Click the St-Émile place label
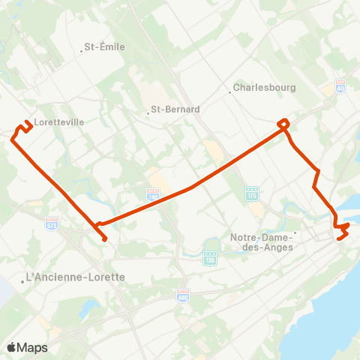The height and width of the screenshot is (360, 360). pos(104,46)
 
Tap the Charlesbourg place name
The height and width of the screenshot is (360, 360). pos(265,88)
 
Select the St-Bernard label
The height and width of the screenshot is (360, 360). pos(175,109)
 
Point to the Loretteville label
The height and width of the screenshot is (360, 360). pos(58,121)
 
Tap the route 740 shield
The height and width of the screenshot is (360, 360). pos(153,194)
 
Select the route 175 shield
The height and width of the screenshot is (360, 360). pos(253,193)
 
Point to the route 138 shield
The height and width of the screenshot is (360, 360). pos(210,259)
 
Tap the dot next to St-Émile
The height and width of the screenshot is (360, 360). pos(82,51)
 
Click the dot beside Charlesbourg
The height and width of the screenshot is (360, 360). pos(229,92)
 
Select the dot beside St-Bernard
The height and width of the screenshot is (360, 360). pos(148,114)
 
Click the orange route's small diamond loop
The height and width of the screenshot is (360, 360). pos(283,123)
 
